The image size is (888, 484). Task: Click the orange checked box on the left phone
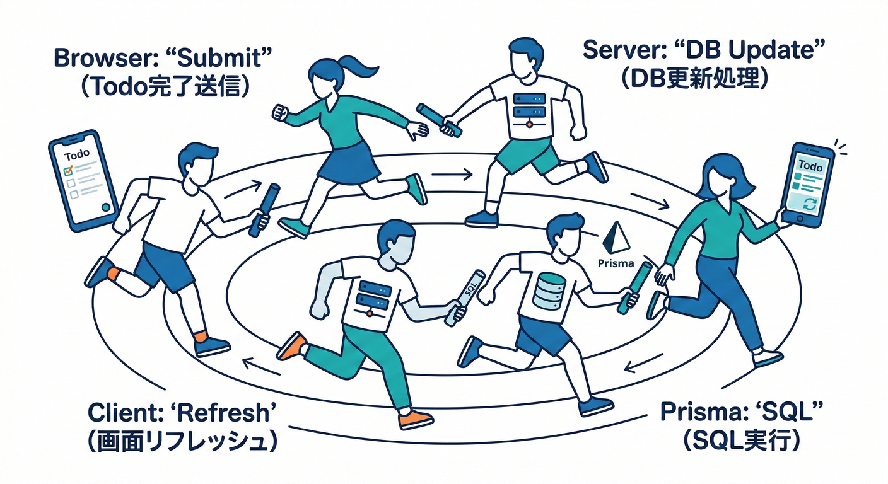70,170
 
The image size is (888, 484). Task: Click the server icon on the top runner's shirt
524,108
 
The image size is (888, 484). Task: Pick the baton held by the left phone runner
264,210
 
